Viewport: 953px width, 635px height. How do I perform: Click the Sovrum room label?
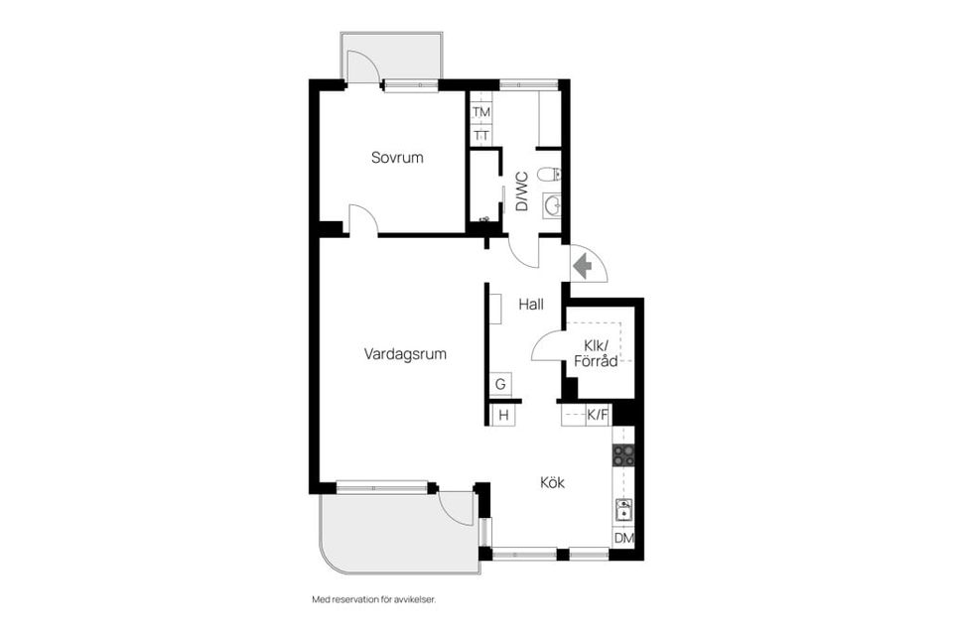397,157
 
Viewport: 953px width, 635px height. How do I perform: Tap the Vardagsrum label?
404,353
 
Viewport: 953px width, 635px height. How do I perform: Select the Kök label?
552,482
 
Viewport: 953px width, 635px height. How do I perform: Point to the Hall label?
530,306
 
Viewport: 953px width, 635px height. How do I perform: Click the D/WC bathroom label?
520,192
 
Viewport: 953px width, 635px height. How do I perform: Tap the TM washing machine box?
481,112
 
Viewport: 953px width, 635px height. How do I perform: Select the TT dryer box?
481,135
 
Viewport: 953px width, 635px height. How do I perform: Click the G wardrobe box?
500,384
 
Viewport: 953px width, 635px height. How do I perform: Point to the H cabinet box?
503,415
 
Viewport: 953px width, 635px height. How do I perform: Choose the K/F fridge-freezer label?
597,415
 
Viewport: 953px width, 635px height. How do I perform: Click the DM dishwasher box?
622,538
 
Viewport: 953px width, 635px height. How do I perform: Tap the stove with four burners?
622,454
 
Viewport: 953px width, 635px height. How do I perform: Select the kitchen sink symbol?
622,510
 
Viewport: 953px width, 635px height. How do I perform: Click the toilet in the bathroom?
549,175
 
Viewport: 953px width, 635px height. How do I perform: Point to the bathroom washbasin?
552,205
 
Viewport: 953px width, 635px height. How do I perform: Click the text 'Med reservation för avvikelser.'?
373,599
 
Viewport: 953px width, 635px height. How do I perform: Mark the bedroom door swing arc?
361,218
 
